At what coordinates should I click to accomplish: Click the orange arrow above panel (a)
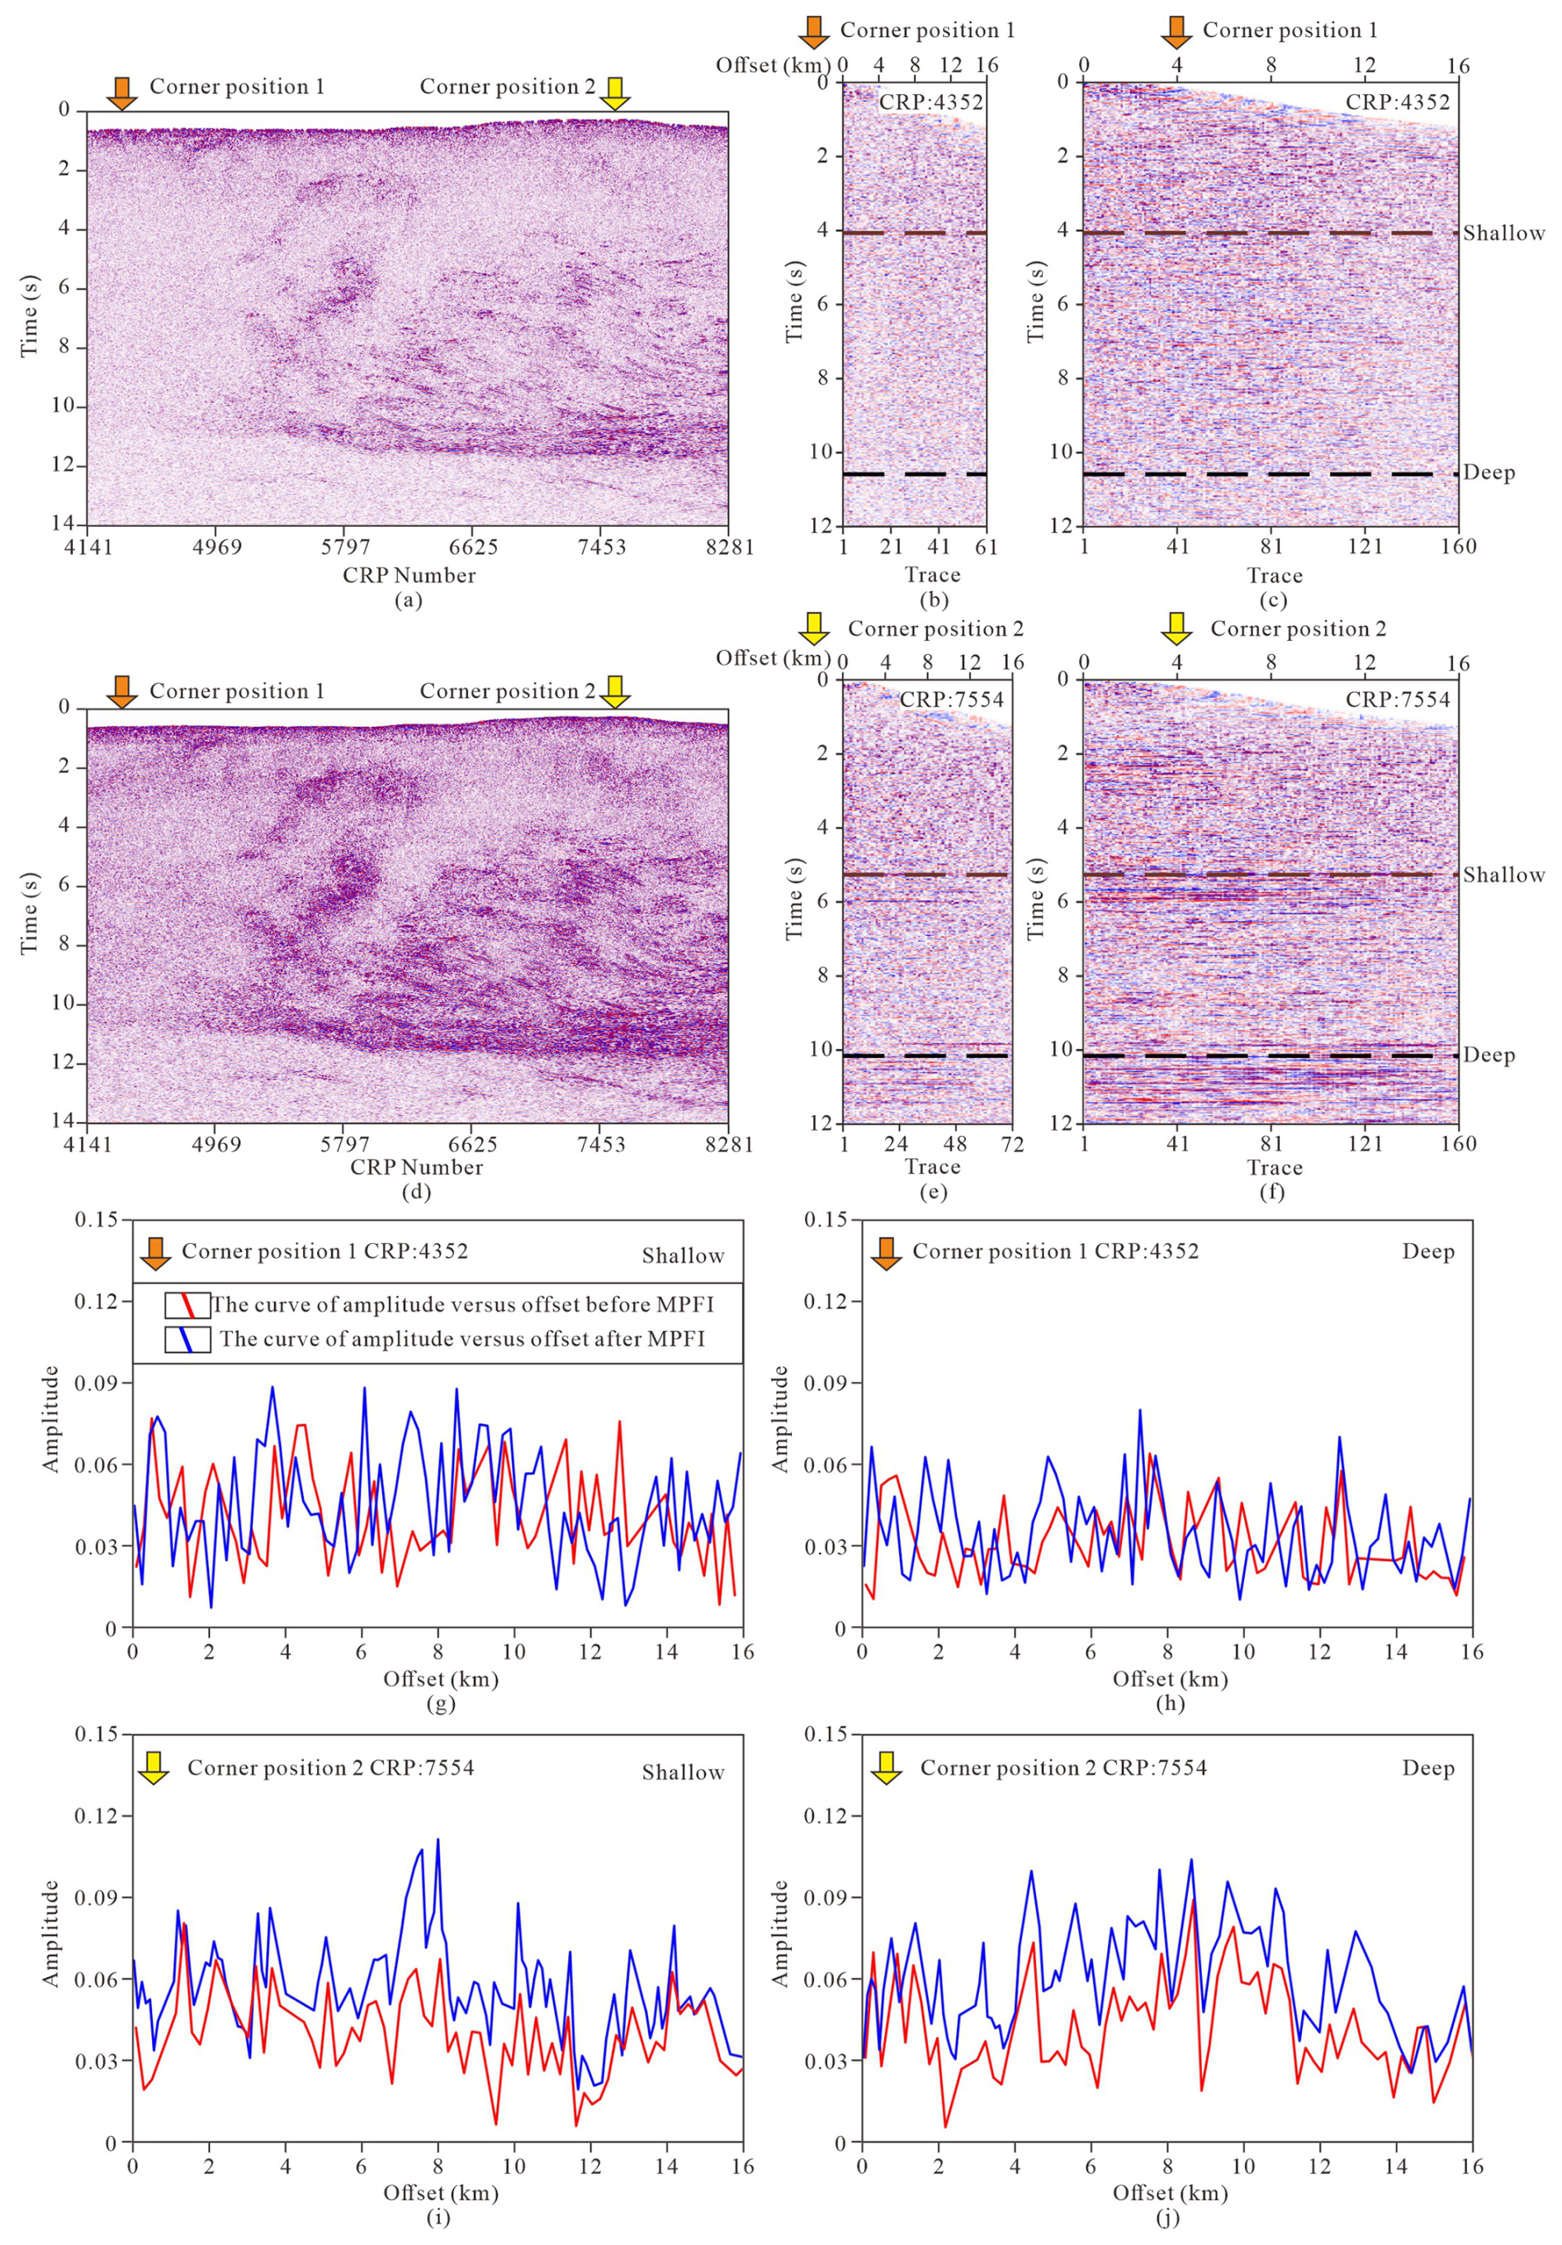pos(121,92)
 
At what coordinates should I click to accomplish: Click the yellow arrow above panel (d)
pos(615,691)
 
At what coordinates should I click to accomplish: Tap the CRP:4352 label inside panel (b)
pos(930,102)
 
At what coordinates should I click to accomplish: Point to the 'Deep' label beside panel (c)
pos(1489,473)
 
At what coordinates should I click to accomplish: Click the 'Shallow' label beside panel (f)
pos(1503,875)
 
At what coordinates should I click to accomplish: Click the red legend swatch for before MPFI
pos(187,1305)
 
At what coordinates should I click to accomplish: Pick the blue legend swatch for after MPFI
pos(187,1339)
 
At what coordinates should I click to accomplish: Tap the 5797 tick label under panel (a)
pos(345,547)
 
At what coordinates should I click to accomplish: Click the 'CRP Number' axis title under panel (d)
pos(416,1166)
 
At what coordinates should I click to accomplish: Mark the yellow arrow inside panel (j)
pos(886,1768)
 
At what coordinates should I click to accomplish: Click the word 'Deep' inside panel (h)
pos(1428,1251)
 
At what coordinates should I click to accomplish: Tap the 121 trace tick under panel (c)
pos(1365,547)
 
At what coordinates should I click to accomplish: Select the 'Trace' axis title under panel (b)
pos(931,575)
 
